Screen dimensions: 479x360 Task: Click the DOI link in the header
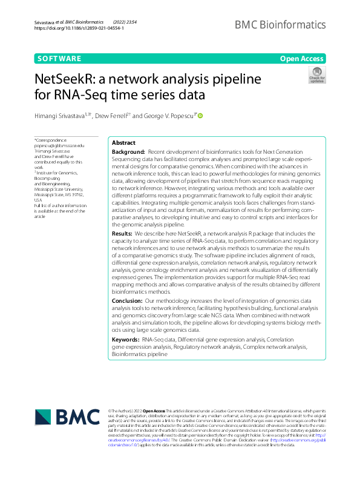(x=79, y=28)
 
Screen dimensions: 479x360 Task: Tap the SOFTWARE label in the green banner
(x=59, y=59)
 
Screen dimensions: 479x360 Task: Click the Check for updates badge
(x=317, y=75)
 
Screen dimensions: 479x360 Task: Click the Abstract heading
(x=123, y=142)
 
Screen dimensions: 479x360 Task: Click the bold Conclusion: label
(x=127, y=300)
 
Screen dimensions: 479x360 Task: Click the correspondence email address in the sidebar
(x=59, y=146)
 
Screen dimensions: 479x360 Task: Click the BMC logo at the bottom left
(x=67, y=418)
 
